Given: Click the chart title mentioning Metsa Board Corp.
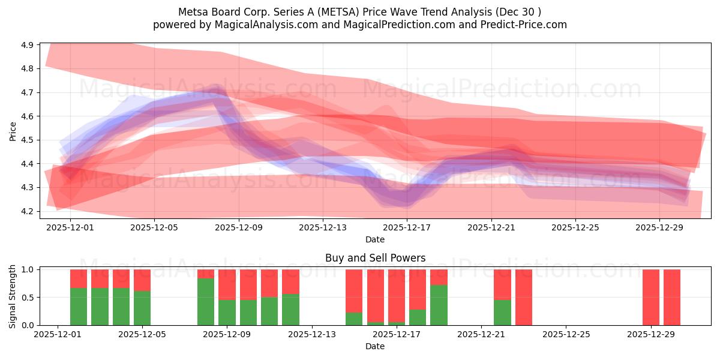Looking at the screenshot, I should tap(360, 12).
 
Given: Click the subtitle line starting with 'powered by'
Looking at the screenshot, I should tap(360, 25).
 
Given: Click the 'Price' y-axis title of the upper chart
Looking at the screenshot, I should tap(13, 130).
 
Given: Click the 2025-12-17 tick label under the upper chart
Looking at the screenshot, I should tap(407, 228).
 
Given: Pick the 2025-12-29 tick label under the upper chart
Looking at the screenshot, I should tap(659, 228).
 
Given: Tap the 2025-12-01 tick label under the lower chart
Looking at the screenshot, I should tap(58, 335).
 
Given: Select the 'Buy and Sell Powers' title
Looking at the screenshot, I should tap(375, 258).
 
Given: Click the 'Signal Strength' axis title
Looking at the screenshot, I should tap(13, 297).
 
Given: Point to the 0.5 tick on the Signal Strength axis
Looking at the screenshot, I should tap(28, 298).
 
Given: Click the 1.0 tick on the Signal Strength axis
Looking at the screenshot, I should tap(28, 270).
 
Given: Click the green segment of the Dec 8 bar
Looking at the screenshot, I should tap(206, 302).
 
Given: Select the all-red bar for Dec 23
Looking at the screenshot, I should tap(524, 297).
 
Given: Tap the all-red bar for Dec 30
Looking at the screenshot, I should tap(672, 297).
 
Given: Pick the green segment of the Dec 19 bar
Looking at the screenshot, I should tap(439, 305).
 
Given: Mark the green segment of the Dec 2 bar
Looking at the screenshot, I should tap(79, 307).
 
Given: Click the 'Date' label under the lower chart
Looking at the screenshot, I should tap(375, 346).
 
